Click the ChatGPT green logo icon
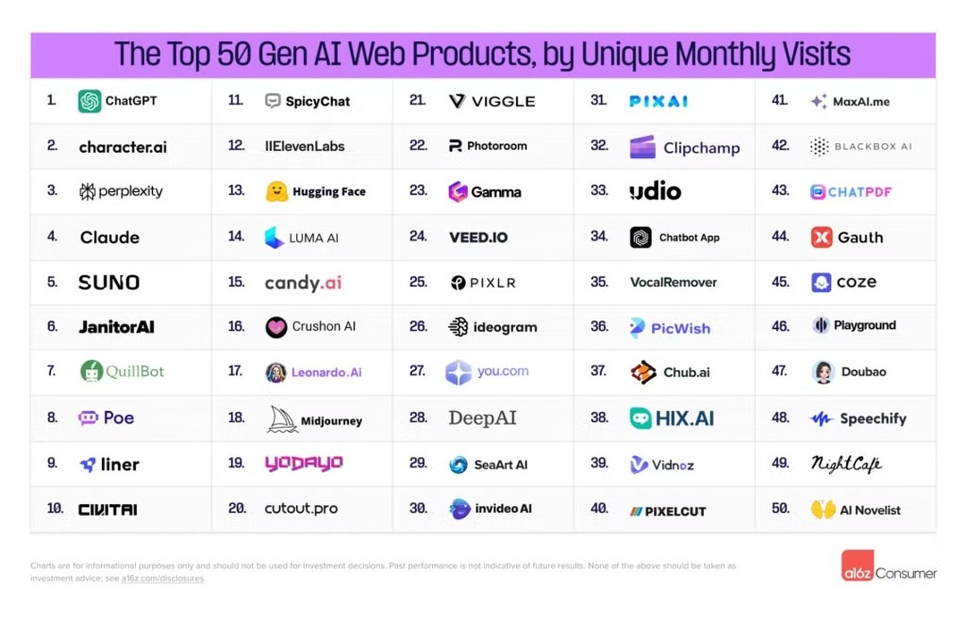pyautogui.click(x=89, y=101)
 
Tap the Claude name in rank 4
pyautogui.click(x=109, y=237)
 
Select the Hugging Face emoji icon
pyautogui.click(x=276, y=191)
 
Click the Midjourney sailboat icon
pyautogui.click(x=282, y=419)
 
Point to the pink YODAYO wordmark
pyautogui.click(x=303, y=463)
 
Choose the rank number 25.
pyautogui.click(x=418, y=282)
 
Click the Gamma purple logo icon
pyautogui.click(x=458, y=191)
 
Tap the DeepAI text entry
pyautogui.click(x=482, y=418)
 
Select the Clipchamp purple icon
pyautogui.click(x=642, y=147)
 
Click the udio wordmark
pyautogui.click(x=655, y=191)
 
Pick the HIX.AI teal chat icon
pyautogui.click(x=640, y=418)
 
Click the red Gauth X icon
pyautogui.click(x=821, y=237)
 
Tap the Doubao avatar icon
pyautogui.click(x=823, y=372)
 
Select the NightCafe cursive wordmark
pyautogui.click(x=845, y=463)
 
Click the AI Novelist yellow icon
pyautogui.click(x=823, y=509)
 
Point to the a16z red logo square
pyautogui.click(x=857, y=566)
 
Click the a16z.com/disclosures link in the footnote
pyautogui.click(x=163, y=578)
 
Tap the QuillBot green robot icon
pyautogui.click(x=91, y=371)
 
